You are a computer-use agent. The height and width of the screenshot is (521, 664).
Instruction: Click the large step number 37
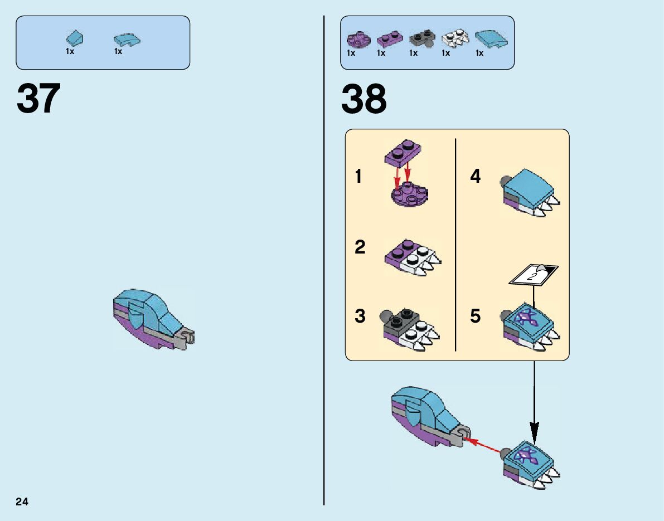(x=38, y=99)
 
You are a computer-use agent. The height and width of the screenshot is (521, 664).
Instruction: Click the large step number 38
(x=363, y=99)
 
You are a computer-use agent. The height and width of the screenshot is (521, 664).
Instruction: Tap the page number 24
(x=22, y=501)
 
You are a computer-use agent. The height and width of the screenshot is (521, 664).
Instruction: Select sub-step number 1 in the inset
(x=358, y=177)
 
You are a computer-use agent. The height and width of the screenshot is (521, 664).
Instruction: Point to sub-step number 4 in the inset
(x=475, y=177)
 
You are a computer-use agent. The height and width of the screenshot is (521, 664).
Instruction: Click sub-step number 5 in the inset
(x=475, y=317)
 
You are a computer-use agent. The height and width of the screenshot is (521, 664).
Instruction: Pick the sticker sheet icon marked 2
(x=534, y=274)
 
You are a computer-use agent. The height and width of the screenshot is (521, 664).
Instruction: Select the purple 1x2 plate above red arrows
(x=404, y=153)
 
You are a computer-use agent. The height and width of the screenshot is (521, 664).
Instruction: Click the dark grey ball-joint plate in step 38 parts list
(x=422, y=38)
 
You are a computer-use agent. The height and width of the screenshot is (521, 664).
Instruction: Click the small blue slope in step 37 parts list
(x=75, y=38)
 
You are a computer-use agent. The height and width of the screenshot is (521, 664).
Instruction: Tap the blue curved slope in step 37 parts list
(x=127, y=39)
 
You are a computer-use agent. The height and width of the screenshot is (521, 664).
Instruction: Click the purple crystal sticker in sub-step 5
(x=526, y=319)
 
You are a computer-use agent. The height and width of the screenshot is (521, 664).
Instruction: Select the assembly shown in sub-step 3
(x=410, y=329)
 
